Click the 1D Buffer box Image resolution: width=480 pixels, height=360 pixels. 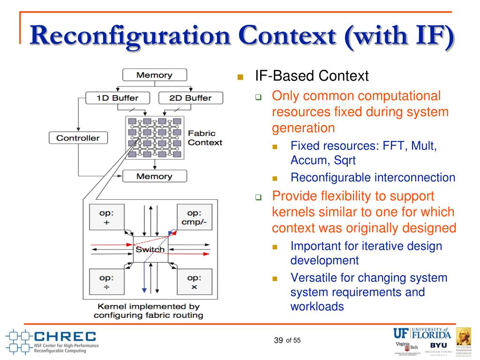point(118,98)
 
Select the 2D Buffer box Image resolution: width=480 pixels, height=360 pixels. point(191,98)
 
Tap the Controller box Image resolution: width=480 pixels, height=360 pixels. point(78,138)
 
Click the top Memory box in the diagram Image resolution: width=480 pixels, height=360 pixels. point(154,75)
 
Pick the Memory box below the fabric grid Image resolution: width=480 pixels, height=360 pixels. point(154,176)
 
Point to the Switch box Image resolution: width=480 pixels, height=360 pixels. point(150,249)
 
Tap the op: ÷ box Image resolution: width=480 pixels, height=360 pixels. point(106,281)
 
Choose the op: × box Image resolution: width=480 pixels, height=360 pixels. point(194,281)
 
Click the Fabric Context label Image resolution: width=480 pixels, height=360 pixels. point(205,138)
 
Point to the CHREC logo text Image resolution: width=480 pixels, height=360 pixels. point(65,336)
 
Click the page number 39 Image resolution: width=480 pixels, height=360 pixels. point(278,340)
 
